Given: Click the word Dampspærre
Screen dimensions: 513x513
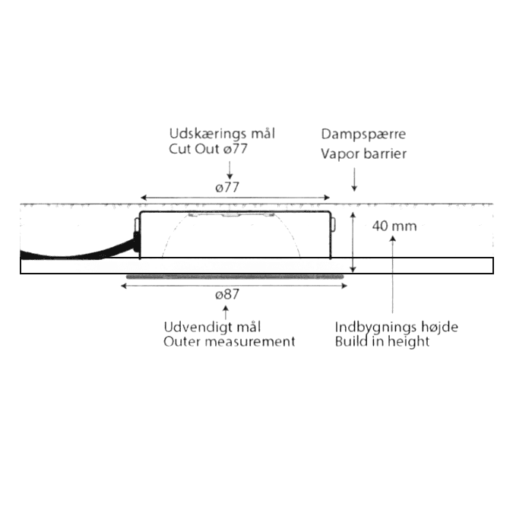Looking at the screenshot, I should [363, 134].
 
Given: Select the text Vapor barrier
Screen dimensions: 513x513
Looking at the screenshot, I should [363, 154].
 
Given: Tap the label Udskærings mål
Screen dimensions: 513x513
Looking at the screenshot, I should [221, 134].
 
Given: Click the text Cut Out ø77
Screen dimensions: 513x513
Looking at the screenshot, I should [208, 150].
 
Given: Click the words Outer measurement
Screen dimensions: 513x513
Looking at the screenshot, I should [229, 342].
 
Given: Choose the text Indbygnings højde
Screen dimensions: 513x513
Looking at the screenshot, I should [397, 327].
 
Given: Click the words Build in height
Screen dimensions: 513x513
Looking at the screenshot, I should [382, 342].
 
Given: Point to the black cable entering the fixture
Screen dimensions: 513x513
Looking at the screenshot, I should [76, 251].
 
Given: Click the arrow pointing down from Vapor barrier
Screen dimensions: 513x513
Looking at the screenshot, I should [354, 180].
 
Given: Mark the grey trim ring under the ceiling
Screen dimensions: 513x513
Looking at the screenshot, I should [236, 277].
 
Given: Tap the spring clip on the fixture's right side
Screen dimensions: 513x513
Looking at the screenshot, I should [332, 224].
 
